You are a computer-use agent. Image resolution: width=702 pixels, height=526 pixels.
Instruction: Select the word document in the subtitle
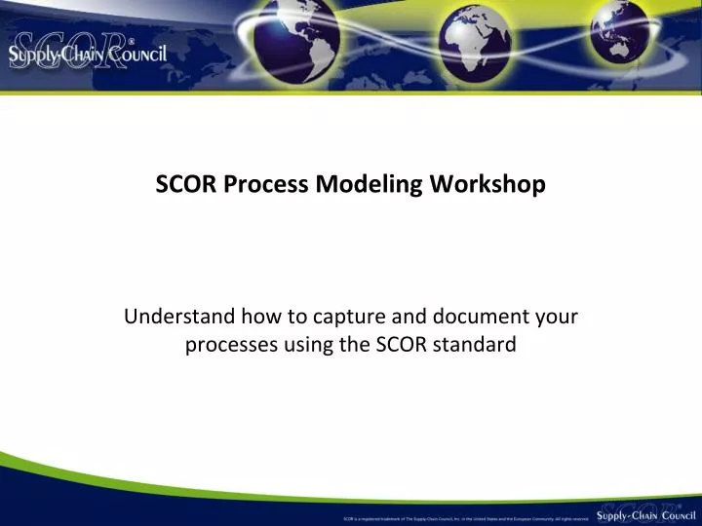coord(473,317)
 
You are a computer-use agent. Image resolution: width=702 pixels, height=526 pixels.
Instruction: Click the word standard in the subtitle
coord(474,344)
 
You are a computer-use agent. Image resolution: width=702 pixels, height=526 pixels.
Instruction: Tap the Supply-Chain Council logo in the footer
coord(646,512)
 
